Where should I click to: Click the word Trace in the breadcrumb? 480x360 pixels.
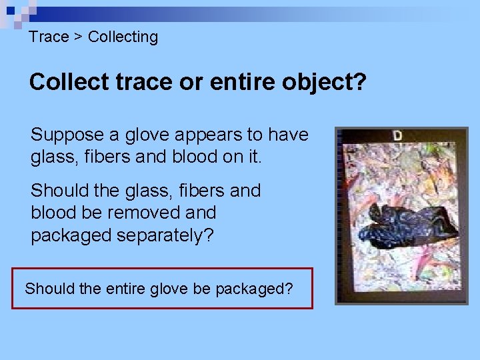click(x=49, y=37)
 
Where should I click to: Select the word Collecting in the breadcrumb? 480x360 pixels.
click(x=123, y=37)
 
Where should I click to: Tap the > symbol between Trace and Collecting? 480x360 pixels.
click(x=78, y=37)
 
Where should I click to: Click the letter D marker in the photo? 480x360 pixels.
click(x=397, y=135)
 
